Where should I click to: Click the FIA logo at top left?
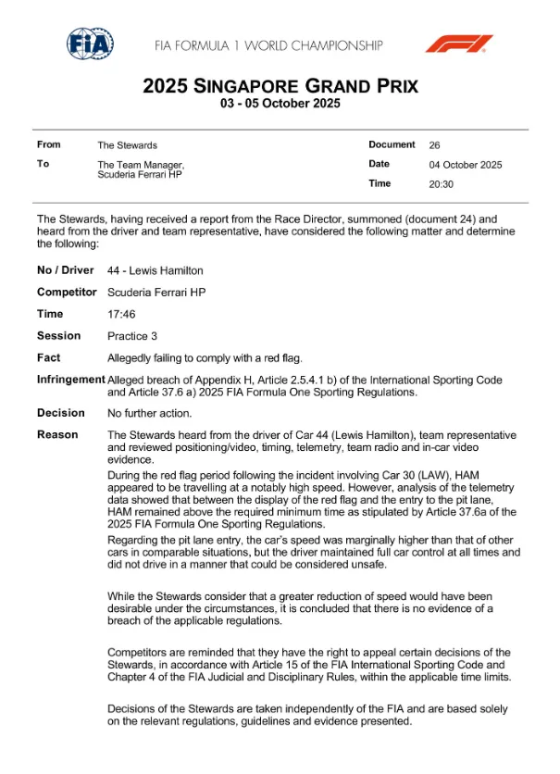click(x=90, y=44)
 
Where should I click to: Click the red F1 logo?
click(x=458, y=44)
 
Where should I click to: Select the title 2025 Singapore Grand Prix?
click(x=280, y=87)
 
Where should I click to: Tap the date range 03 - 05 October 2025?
click(x=280, y=104)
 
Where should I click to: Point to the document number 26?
click(x=435, y=145)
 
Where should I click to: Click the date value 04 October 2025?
click(x=466, y=165)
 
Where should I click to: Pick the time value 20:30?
click(x=442, y=184)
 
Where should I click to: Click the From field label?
click(x=48, y=144)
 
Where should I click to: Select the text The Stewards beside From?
click(x=128, y=145)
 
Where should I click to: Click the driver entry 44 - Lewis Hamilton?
click(x=156, y=270)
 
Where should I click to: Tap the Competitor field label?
click(x=67, y=292)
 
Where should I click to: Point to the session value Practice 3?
click(x=134, y=336)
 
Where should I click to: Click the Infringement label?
click(x=71, y=380)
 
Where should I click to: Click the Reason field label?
click(x=57, y=434)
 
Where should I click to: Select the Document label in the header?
click(x=392, y=144)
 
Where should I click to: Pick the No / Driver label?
click(x=66, y=270)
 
